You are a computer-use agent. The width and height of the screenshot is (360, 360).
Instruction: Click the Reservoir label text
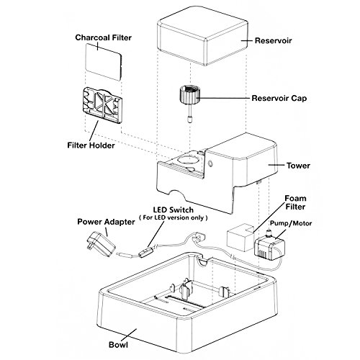(273, 40)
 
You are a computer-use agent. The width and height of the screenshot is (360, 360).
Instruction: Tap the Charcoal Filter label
(104, 37)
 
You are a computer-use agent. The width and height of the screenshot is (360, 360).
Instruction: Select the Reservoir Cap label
(279, 98)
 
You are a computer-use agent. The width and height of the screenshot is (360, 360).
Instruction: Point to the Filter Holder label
(91, 145)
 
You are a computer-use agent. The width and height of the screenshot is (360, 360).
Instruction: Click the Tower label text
(298, 166)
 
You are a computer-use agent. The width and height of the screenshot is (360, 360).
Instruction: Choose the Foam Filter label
(295, 202)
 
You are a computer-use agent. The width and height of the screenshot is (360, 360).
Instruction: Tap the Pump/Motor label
(291, 223)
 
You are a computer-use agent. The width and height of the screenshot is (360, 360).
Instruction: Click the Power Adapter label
(106, 222)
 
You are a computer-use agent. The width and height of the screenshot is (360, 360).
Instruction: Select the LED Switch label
(174, 210)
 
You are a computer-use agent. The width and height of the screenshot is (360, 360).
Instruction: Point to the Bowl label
(118, 345)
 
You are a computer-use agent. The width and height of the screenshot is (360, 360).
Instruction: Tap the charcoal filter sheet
(104, 62)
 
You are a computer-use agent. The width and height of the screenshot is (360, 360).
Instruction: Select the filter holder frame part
(102, 104)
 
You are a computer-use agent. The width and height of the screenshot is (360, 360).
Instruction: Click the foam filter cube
(240, 237)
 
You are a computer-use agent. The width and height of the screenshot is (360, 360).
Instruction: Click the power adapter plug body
(102, 244)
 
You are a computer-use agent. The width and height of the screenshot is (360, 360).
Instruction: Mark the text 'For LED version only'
(174, 218)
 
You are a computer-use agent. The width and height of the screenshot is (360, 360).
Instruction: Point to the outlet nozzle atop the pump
(269, 233)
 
